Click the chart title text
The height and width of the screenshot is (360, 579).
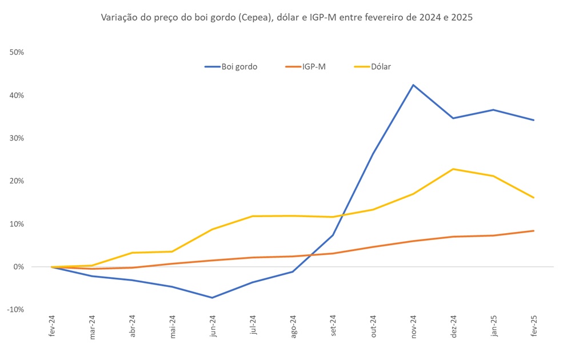287,18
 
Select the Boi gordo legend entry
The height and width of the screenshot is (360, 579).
231,67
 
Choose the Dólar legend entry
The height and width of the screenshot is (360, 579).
372,67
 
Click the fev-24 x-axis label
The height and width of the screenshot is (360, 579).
53,327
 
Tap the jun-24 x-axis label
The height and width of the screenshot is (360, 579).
213,327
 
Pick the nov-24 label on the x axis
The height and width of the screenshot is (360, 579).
414,327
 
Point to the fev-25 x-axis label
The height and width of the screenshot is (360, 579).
534,327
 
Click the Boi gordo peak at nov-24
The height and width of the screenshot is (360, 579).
413,85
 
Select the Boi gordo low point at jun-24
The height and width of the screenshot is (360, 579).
213,298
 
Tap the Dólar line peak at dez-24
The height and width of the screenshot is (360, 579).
453,169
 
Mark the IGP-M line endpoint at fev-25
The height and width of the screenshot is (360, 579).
533,231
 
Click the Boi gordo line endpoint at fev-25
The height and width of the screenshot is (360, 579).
533,120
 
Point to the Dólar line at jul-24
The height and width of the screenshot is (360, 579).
253,216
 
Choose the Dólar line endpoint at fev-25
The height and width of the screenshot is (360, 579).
533,198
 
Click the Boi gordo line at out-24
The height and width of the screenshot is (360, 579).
373,153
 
